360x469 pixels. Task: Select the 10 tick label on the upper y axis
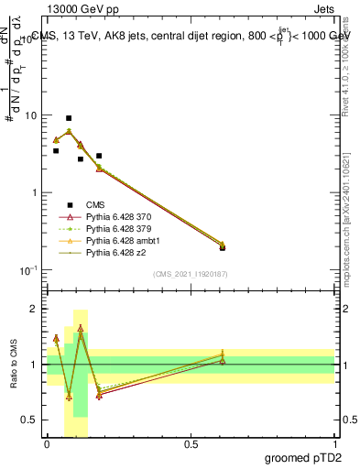click(x=30, y=116)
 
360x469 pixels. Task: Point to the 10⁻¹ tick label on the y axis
click(x=27, y=270)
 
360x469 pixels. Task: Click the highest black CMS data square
click(x=69, y=118)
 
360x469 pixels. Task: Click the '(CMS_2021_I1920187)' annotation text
click(x=191, y=273)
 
